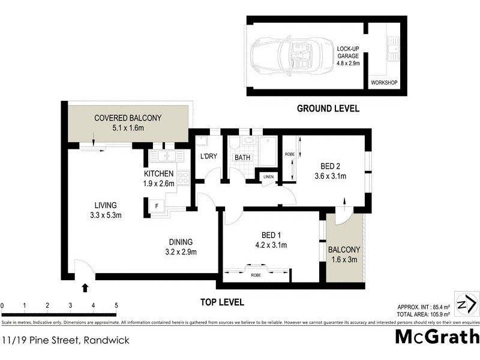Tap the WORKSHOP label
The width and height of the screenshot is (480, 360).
[384, 82]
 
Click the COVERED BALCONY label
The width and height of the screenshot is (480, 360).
[127, 118]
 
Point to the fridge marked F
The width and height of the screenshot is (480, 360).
[157, 206]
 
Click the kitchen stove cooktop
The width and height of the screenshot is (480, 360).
[183, 178]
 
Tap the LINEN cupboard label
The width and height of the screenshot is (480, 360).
[268, 177]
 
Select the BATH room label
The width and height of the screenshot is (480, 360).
[242, 158]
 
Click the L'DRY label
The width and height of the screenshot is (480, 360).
[208, 157]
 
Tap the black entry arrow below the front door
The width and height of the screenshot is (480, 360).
[85, 288]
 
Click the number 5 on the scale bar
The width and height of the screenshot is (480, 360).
[116, 305]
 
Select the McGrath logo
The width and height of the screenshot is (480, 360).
[437, 337]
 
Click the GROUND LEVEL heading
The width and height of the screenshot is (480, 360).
[328, 109]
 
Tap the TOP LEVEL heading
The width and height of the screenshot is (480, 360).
[221, 302]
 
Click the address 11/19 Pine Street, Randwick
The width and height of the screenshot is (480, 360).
[65, 340]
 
